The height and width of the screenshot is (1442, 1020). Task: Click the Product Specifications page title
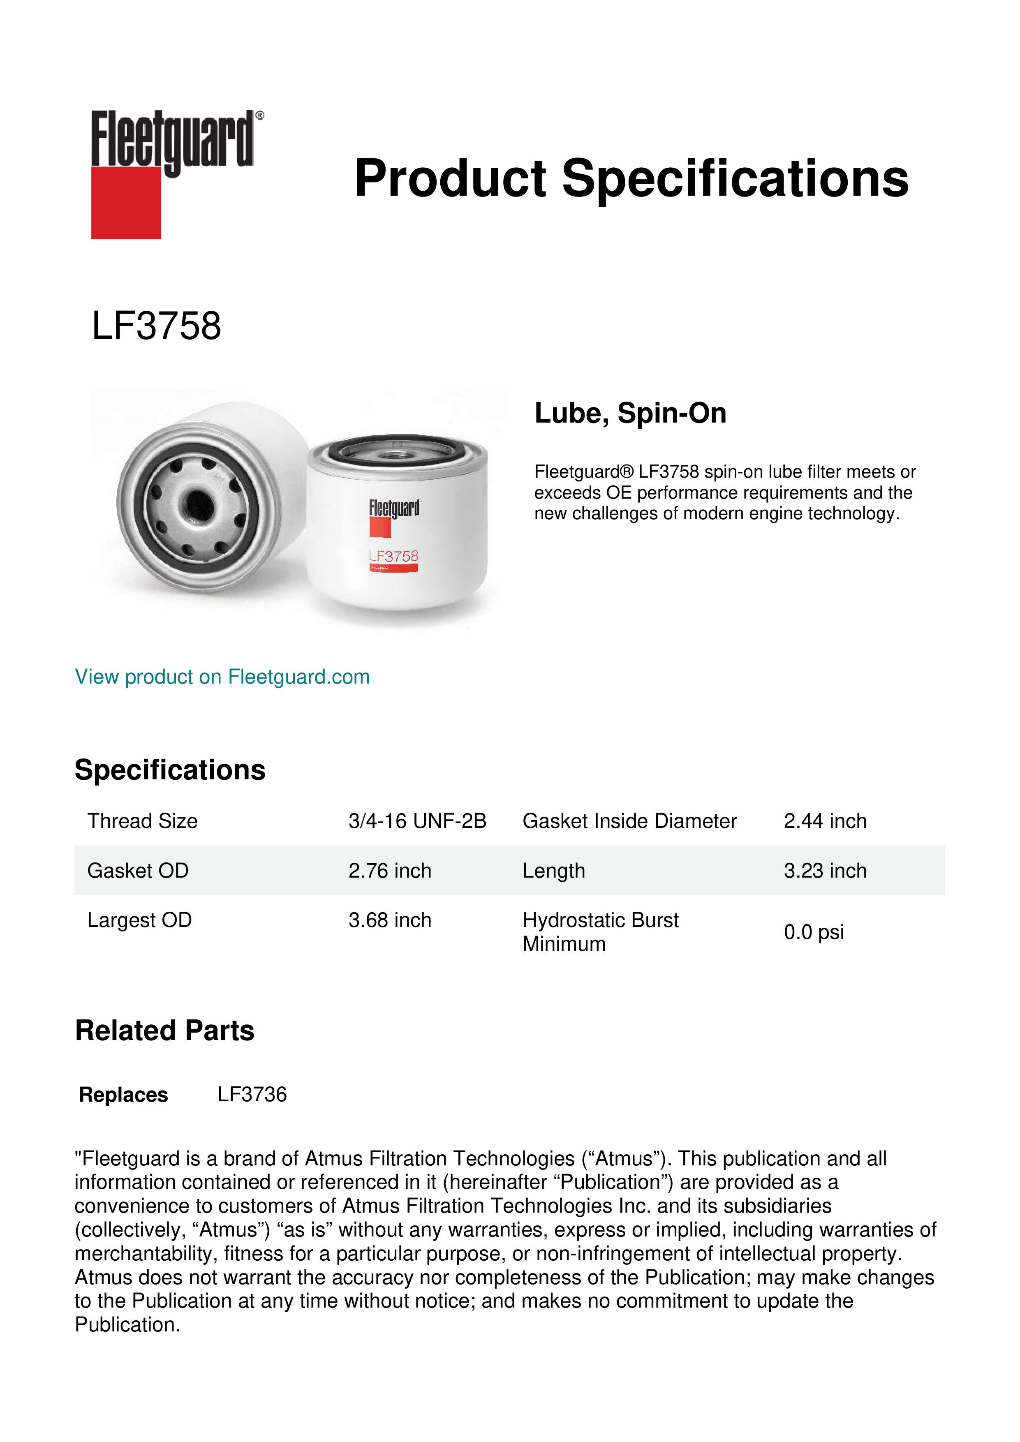point(631,178)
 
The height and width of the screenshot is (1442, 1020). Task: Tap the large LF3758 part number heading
point(156,326)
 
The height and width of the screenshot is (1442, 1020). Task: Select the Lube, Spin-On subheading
point(630,413)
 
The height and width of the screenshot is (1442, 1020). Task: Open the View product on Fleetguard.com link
point(222,677)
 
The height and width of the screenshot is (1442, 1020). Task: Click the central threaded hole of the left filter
point(197,502)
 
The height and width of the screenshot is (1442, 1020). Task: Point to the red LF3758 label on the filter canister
point(394,557)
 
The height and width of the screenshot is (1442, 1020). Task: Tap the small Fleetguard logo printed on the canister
point(394,509)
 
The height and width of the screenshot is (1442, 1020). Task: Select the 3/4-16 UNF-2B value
point(417,821)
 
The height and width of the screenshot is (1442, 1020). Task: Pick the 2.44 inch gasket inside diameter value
point(825,821)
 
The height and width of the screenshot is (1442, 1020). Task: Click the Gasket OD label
point(138,871)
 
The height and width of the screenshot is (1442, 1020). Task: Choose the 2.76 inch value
point(389,871)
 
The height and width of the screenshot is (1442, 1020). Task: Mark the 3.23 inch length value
point(825,871)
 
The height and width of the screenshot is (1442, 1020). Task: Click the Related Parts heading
point(164,1031)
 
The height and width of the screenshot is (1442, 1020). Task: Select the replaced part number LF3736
point(252,1095)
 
